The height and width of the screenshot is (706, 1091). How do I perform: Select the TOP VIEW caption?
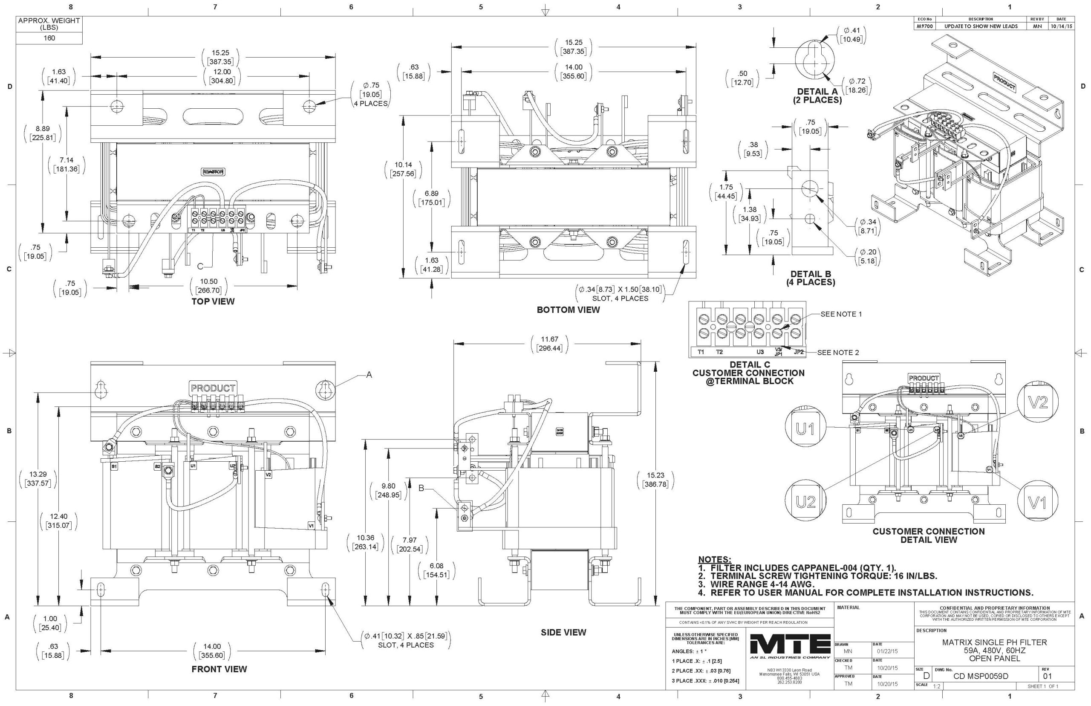tap(213, 302)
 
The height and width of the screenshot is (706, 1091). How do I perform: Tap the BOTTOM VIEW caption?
tap(568, 310)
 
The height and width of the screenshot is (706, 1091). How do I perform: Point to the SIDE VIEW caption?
tap(563, 633)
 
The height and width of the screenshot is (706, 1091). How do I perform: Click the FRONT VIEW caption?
tap(219, 669)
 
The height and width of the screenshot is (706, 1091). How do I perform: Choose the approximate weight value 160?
tap(49, 38)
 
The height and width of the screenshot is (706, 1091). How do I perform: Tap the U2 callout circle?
tap(805, 503)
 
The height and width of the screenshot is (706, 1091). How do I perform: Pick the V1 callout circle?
tap(1037, 503)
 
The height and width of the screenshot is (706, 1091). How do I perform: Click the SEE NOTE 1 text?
tap(841, 315)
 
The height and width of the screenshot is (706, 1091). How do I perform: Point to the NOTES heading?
tap(714, 560)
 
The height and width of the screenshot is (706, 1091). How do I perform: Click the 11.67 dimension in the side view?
tap(549, 340)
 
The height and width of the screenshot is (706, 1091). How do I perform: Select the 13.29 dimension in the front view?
tap(38, 475)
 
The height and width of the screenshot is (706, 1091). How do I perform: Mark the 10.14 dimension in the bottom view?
tap(403, 165)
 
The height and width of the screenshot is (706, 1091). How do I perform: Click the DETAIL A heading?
tap(817, 92)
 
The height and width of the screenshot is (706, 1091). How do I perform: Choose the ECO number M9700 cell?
tap(924, 26)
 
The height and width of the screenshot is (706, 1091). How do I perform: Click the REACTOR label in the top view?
tap(213, 172)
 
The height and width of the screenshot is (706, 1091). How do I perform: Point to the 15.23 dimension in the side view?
tap(655, 476)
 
